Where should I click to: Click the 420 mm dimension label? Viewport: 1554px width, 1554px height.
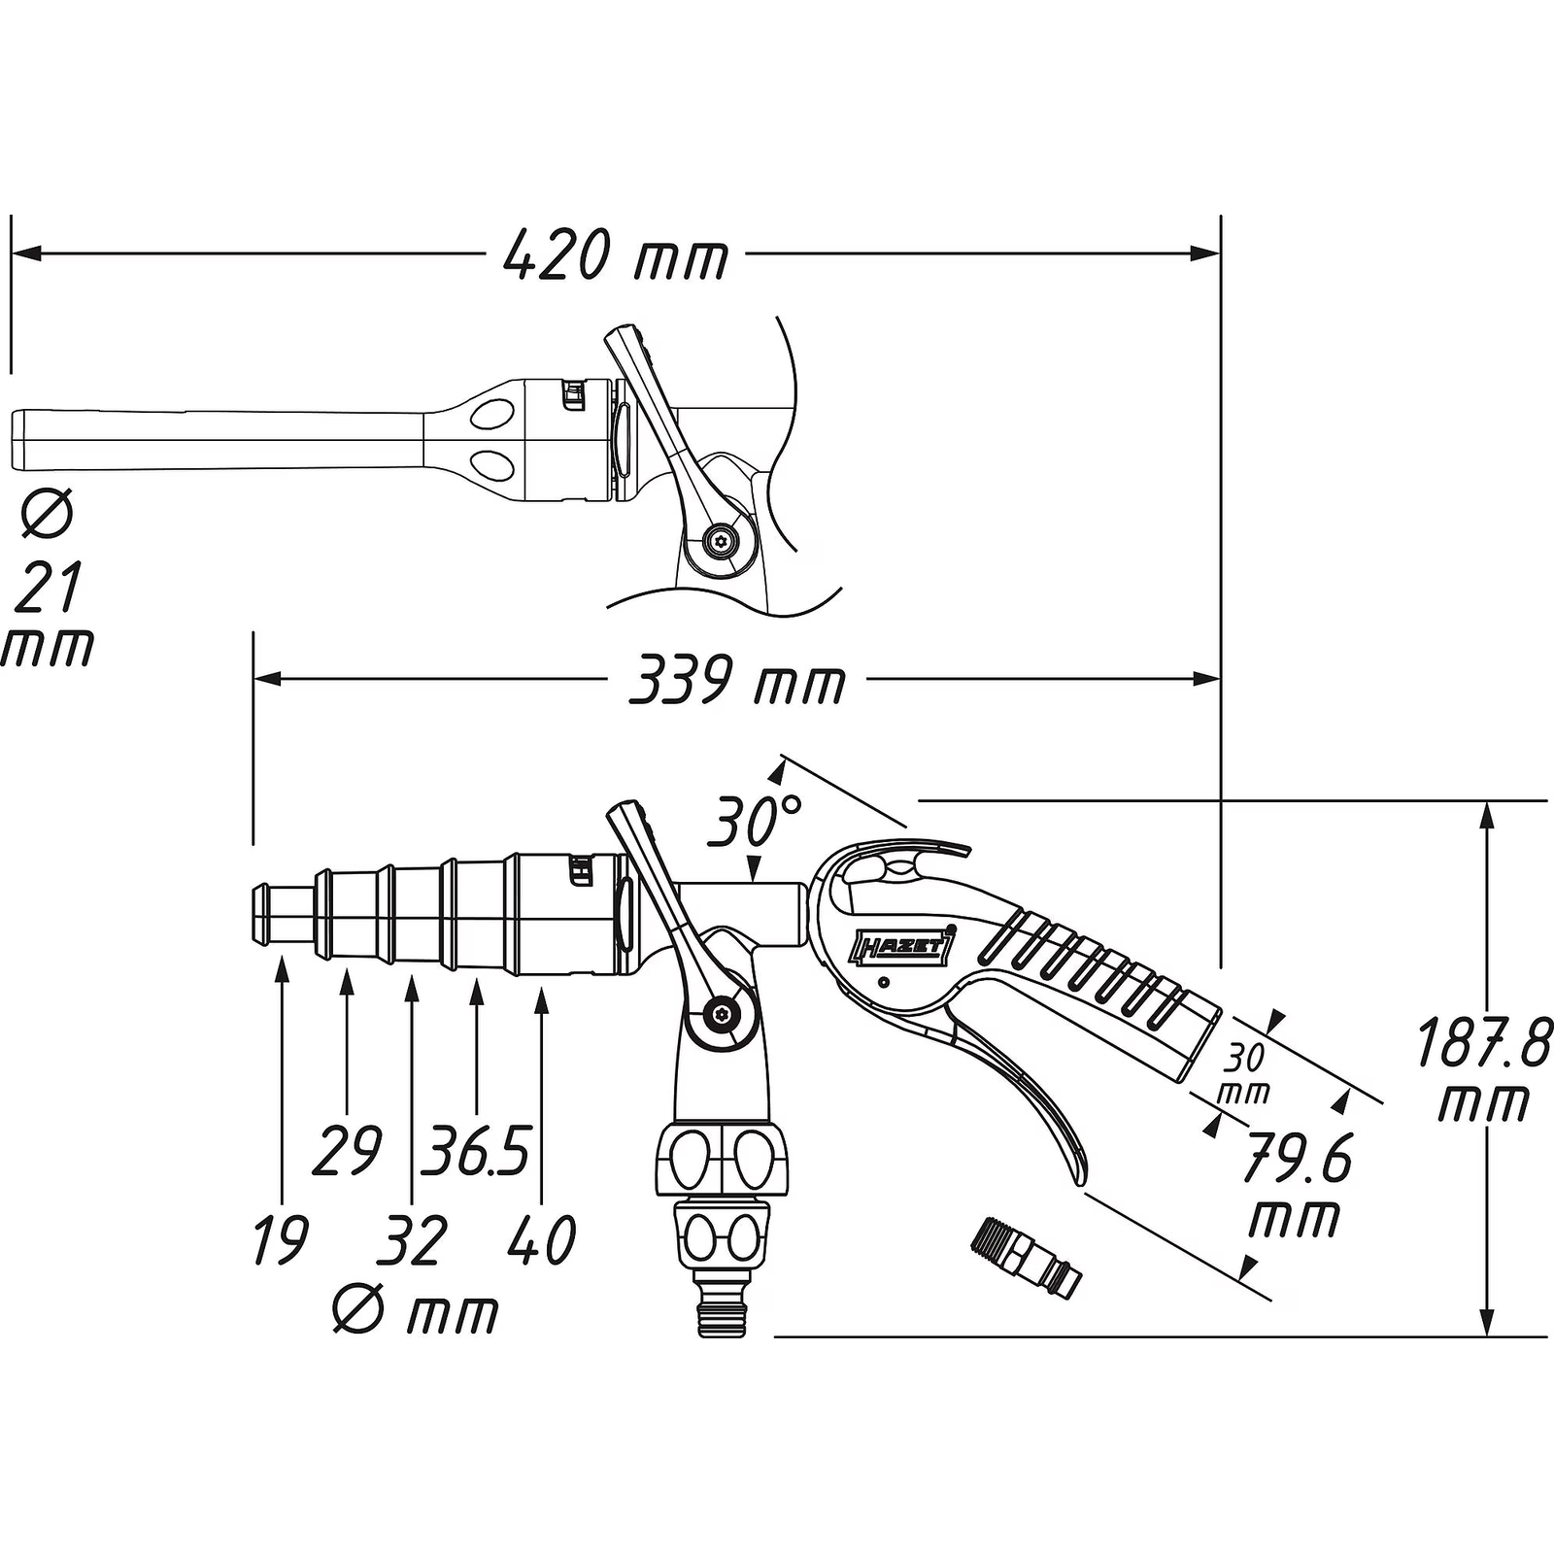coord(616,255)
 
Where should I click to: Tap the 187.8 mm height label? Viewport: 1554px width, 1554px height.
coord(1483,1071)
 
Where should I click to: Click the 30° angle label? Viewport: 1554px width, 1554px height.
coord(754,821)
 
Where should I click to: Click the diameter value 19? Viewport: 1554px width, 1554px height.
coord(281,1239)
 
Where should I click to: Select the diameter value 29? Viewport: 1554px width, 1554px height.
coord(347,1150)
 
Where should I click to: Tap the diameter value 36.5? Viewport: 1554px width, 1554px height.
coord(475,1150)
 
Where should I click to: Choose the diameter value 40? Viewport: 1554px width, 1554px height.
coord(542,1239)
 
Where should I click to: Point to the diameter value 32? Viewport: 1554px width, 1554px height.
coord(412,1239)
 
